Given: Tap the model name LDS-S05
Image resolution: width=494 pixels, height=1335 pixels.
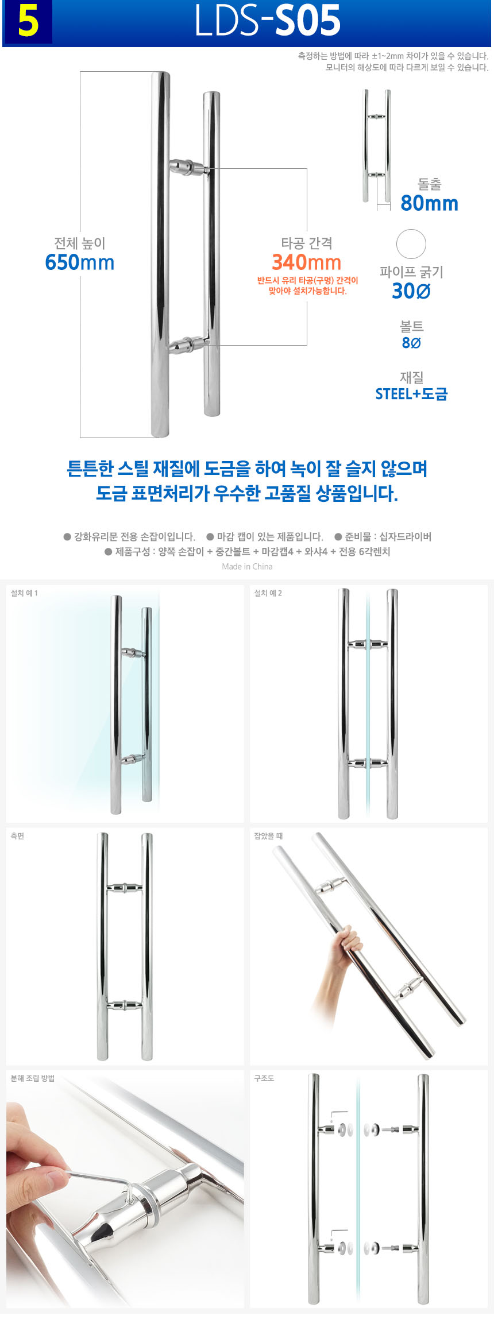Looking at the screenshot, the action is tap(268, 21).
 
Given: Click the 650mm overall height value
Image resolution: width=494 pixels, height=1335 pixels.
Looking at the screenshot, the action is tap(80, 262).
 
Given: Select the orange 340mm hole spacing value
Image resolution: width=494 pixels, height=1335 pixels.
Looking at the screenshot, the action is tap(307, 262).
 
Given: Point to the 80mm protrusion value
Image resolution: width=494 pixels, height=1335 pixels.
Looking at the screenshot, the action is tap(430, 203).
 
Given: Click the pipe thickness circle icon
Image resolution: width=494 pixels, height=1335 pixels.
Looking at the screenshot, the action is tap(411, 244).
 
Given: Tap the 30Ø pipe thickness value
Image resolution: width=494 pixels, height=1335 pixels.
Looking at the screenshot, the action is tap(411, 291).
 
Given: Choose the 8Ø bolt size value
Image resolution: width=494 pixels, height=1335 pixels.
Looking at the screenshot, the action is tap(411, 343).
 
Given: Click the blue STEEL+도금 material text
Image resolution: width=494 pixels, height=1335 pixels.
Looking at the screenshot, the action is tap(411, 394).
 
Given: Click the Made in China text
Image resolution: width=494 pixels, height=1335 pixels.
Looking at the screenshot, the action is tap(248, 567).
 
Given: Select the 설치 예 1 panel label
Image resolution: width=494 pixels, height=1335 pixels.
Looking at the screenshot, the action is tap(24, 593).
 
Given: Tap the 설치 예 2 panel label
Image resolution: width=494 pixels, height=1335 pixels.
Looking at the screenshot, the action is tap(268, 593).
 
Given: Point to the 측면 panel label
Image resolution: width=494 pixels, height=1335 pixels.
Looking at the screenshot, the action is tap(17, 836).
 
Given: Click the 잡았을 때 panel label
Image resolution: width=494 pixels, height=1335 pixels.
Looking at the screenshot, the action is tap(268, 836).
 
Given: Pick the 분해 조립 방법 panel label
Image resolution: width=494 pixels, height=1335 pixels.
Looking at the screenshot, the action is tap(33, 1078).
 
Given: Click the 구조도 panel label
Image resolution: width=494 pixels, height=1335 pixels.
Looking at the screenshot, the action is tap(264, 1078).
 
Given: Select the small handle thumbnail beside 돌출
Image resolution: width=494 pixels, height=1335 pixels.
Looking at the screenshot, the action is tap(377, 146).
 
